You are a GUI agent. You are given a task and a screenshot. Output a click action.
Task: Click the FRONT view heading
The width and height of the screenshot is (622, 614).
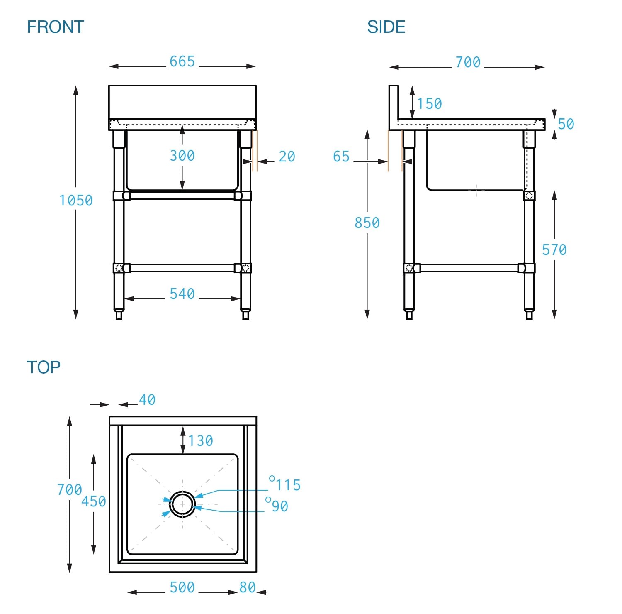[x=56, y=27]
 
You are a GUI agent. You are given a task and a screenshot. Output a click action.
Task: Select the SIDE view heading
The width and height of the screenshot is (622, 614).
[x=386, y=27]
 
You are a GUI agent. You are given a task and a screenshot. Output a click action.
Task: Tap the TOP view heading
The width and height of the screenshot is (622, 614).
[x=44, y=367]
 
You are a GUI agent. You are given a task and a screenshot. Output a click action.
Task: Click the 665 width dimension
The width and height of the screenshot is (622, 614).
[x=182, y=61]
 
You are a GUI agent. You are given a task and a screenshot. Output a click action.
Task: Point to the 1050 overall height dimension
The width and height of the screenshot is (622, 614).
[x=76, y=201]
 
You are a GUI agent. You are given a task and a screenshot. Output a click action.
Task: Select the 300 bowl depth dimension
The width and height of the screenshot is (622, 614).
[x=182, y=156]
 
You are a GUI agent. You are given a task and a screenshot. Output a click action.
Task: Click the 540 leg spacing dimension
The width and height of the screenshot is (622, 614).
[x=182, y=294]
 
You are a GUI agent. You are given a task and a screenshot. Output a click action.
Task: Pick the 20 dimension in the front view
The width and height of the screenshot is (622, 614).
[x=287, y=157]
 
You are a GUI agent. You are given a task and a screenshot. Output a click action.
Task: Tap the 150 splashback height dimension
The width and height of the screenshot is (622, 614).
[x=430, y=104]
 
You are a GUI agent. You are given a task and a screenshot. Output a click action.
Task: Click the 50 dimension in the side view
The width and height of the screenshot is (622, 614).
[x=566, y=124]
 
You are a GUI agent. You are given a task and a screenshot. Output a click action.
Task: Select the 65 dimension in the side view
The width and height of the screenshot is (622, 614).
[x=341, y=157]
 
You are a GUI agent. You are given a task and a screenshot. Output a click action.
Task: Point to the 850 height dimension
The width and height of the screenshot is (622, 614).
[x=367, y=223]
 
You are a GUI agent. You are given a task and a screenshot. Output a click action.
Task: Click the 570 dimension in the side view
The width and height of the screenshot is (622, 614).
[x=554, y=250]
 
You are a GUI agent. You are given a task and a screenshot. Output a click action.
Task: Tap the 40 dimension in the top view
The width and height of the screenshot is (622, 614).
[x=147, y=400]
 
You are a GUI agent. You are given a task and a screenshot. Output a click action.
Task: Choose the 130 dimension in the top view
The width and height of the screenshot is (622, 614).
[x=201, y=441]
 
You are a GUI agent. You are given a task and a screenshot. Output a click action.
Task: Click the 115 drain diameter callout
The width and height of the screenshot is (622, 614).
[x=288, y=485]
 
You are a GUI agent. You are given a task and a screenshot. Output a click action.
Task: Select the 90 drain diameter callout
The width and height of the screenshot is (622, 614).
[x=279, y=506]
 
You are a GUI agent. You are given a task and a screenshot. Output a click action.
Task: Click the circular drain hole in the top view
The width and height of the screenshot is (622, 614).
[x=182, y=504]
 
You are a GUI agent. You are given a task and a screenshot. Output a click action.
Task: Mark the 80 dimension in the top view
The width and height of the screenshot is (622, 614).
[x=248, y=587]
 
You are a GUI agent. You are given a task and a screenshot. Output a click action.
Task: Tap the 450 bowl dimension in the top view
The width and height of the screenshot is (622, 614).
[x=94, y=501]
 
